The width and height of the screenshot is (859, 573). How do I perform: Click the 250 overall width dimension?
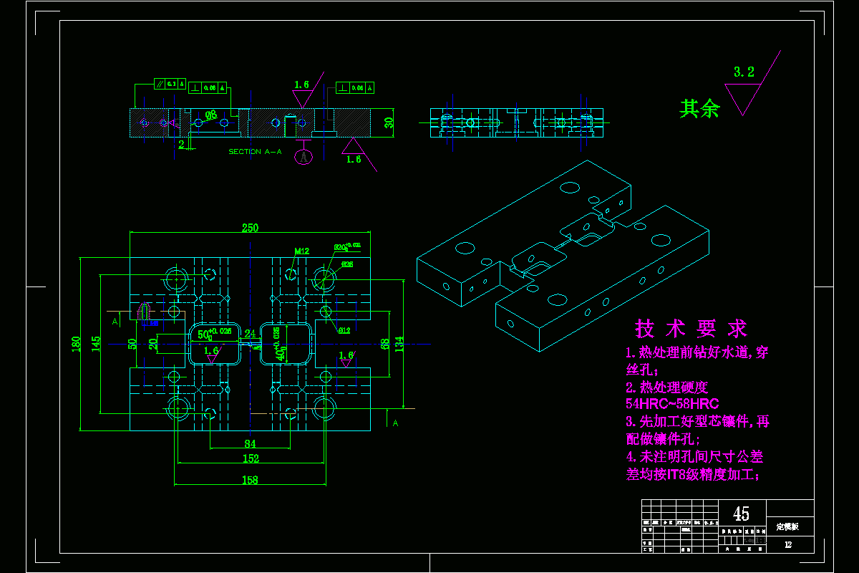tap(250, 228)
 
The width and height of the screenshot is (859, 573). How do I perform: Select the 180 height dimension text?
tap(77, 344)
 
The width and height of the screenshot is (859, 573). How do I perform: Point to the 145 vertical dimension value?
tap(96, 344)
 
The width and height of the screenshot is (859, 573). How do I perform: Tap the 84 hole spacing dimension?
tap(250, 444)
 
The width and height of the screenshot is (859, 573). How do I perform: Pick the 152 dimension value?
tap(250, 459)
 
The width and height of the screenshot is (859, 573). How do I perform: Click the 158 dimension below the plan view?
tap(250, 481)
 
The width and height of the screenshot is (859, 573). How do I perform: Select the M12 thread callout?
tap(301, 251)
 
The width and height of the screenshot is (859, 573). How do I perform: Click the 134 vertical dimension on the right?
tap(399, 344)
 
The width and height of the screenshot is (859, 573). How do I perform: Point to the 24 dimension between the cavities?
tap(250, 333)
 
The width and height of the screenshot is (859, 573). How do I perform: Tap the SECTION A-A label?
tap(255, 152)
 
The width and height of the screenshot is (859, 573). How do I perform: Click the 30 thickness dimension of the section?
tap(389, 122)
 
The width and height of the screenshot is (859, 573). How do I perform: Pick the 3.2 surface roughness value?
tap(744, 72)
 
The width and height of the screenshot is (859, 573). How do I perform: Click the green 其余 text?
tap(699, 108)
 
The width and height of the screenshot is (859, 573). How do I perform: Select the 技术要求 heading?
tap(691, 329)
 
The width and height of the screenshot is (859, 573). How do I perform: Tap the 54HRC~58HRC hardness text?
tap(672, 404)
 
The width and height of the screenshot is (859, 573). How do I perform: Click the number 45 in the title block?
tap(742, 514)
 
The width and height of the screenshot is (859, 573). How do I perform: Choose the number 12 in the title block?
tap(788, 545)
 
